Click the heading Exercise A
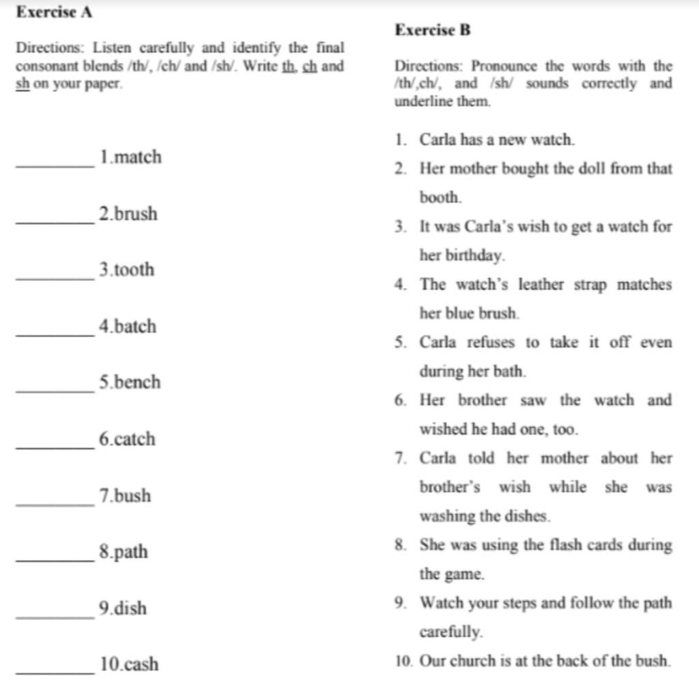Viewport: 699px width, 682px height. [54, 12]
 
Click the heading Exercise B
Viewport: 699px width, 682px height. [433, 30]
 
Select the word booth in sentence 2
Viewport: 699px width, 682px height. [440, 198]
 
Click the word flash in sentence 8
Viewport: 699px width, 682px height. [560, 546]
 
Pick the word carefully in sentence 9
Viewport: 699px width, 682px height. [451, 632]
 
